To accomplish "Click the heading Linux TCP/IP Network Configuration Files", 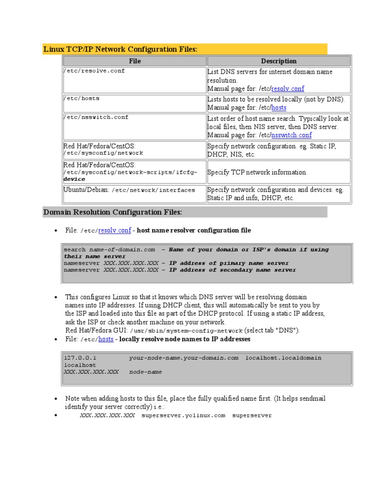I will click(x=120, y=49).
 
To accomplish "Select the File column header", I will click(x=135, y=61).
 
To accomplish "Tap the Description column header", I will click(x=278, y=61).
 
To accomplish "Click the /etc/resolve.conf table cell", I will click(x=94, y=71).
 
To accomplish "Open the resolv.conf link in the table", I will click(x=288, y=89).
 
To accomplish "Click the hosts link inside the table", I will click(x=279, y=108).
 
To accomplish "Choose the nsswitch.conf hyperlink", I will click(x=291, y=135).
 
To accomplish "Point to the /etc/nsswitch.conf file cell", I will click(x=96, y=117).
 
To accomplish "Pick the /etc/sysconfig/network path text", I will click(x=103, y=153).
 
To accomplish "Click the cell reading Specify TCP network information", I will click(x=257, y=172).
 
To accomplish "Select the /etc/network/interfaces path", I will click(x=153, y=190).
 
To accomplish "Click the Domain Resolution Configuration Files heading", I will click(x=113, y=212).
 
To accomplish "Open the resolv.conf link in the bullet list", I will click(x=115, y=231).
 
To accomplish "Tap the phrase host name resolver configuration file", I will click(x=194, y=231).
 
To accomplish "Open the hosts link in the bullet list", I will click(x=106, y=339).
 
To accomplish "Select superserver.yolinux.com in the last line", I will click(x=183, y=415).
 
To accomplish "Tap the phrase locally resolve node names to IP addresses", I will click(x=185, y=339).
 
